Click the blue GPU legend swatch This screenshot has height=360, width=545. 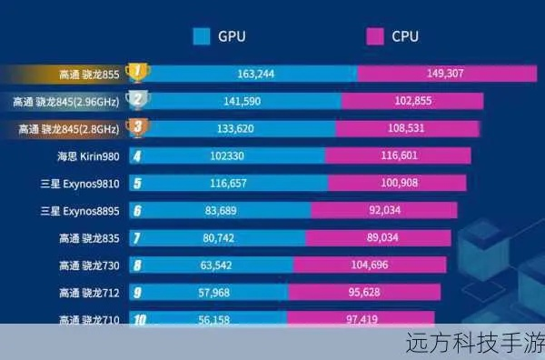point(202,36)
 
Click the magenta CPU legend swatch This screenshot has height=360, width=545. point(374,36)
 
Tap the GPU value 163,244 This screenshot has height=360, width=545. point(256,73)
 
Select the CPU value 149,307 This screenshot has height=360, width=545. point(445,73)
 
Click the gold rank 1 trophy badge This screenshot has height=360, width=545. point(137,72)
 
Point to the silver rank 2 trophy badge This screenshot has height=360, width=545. point(137,100)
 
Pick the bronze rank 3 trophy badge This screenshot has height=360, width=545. point(137,128)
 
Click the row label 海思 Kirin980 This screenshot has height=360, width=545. point(88,156)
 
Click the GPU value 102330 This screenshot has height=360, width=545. point(228,156)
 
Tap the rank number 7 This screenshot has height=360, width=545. point(137,239)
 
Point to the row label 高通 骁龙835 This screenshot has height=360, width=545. point(88,239)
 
